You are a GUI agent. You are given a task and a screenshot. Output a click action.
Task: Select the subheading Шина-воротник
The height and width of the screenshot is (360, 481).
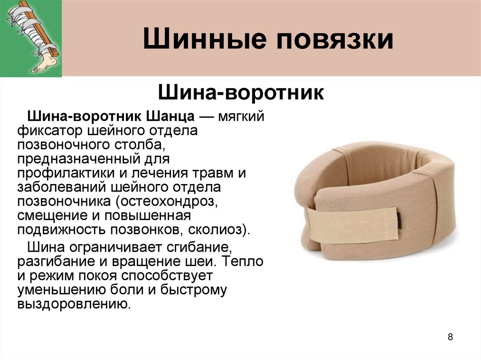(x=241, y=92)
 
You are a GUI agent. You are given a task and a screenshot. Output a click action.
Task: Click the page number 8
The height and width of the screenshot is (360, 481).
(x=450, y=337)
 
